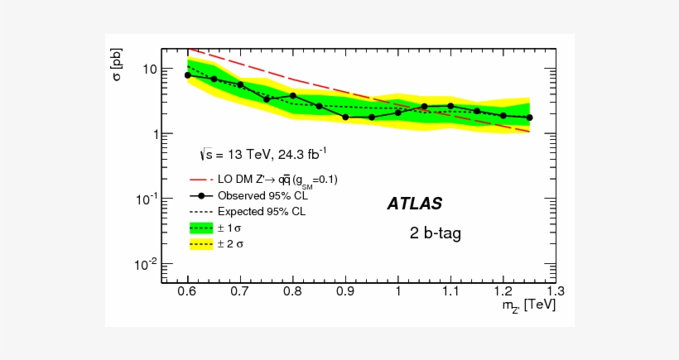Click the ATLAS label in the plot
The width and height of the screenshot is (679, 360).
(x=414, y=204)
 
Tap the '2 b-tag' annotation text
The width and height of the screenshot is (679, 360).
(x=435, y=233)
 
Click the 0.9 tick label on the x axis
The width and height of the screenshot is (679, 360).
(x=345, y=291)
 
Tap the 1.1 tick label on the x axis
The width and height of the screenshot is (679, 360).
(x=450, y=291)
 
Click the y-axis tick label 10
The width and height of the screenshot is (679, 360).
(x=149, y=69)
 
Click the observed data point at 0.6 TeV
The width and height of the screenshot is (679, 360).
(x=188, y=74)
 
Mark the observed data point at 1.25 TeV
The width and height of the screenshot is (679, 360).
(x=529, y=118)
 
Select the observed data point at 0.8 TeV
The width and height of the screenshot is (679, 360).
(x=293, y=96)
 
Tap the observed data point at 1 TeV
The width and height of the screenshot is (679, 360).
(x=398, y=113)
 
